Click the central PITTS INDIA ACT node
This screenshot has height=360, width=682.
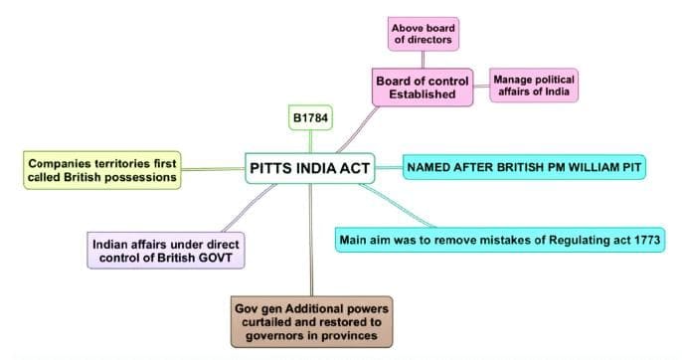(x=310, y=168)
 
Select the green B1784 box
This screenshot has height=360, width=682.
(x=310, y=118)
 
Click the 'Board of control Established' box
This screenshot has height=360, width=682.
(x=423, y=87)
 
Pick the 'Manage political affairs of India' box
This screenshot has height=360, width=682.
(x=534, y=84)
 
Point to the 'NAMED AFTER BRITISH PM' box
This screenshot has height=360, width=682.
(x=524, y=167)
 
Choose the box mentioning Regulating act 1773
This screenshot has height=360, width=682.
(x=500, y=239)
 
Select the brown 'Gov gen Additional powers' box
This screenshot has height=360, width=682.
(x=312, y=319)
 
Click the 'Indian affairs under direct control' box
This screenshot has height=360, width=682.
(x=166, y=251)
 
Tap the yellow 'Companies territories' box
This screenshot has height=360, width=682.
(x=102, y=169)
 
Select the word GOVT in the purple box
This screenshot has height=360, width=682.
(x=222, y=259)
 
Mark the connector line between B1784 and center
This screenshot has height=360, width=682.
(x=310, y=140)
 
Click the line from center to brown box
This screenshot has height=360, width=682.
(x=311, y=239)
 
